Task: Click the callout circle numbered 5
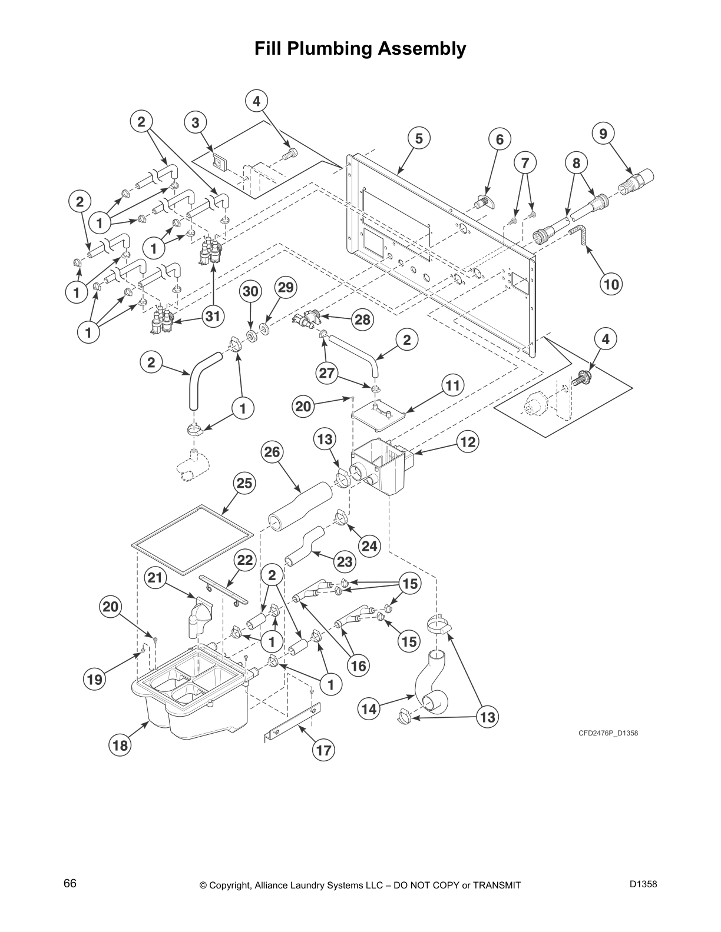pyautogui.click(x=419, y=139)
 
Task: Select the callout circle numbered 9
pyautogui.click(x=603, y=134)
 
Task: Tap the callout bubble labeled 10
pyautogui.click(x=611, y=285)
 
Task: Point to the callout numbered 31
pyautogui.click(x=213, y=316)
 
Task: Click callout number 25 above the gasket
pyautogui.click(x=244, y=483)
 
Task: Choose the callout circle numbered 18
pyautogui.click(x=120, y=745)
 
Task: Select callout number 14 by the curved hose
pyautogui.click(x=369, y=709)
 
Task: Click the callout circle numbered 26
pyautogui.click(x=273, y=452)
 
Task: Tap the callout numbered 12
pyautogui.click(x=468, y=442)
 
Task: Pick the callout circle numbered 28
pyautogui.click(x=362, y=319)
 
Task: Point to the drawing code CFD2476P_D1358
pyautogui.click(x=608, y=733)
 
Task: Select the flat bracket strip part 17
pyautogui.click(x=292, y=723)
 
